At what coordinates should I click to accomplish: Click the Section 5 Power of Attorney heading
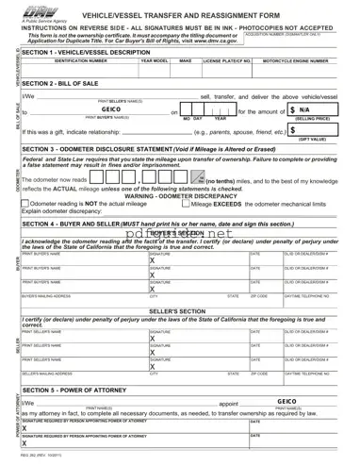(x=80, y=390)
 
